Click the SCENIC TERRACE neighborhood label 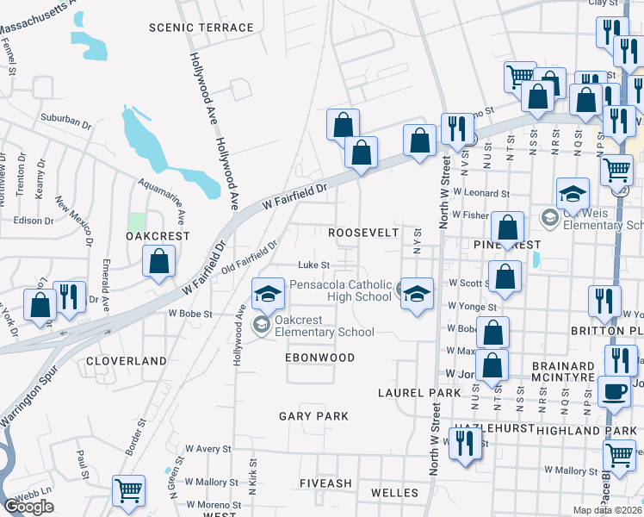[x=201, y=28]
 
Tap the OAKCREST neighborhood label [x=157, y=235]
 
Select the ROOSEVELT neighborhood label [x=363, y=233]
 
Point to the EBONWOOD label [x=320, y=357]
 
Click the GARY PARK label [x=313, y=416]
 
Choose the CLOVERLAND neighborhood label [x=127, y=360]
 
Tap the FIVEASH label [x=325, y=483]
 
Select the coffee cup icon [x=614, y=391]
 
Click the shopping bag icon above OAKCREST [x=158, y=261]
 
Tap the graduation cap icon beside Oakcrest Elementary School [x=268, y=294]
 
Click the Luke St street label [x=313, y=265]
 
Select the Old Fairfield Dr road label [x=251, y=258]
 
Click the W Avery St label [x=209, y=449]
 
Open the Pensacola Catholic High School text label [x=340, y=290]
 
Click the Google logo [x=28, y=507]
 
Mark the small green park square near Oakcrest [x=136, y=221]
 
